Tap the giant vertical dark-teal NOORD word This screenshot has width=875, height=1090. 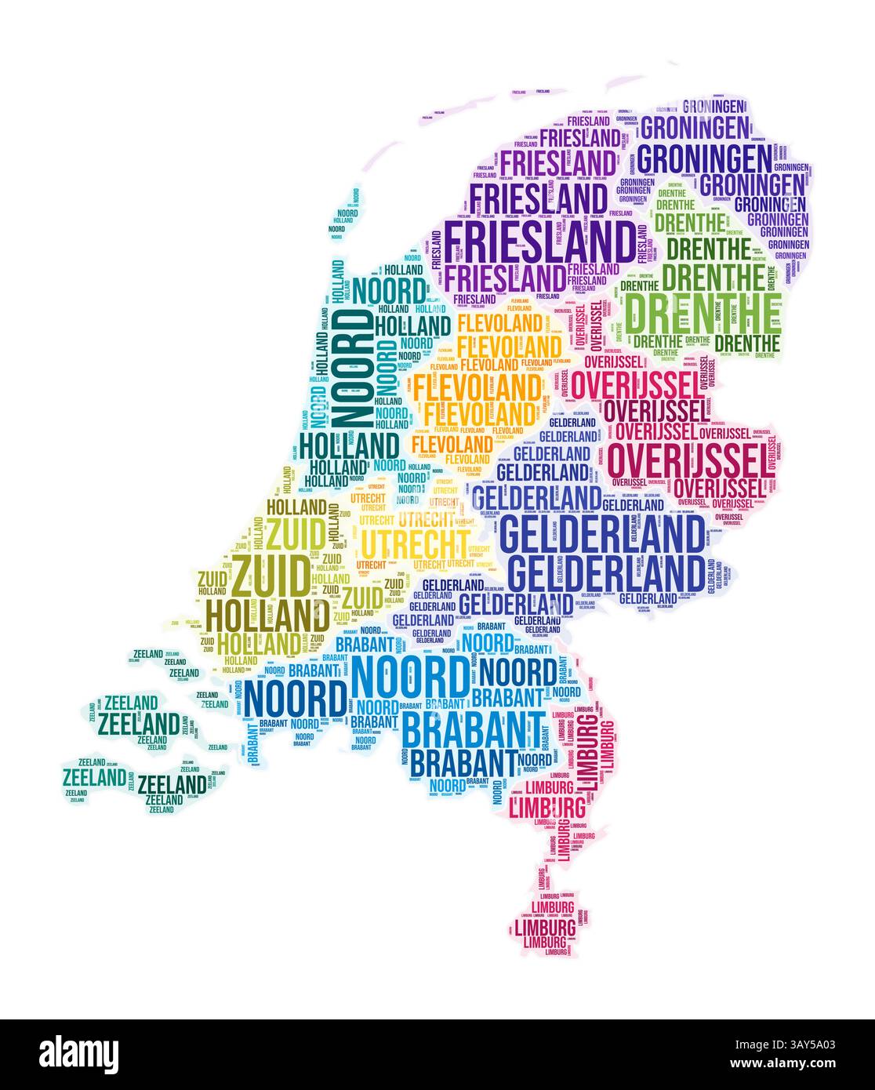click(352, 369)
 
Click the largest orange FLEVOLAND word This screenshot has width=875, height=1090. click(477, 387)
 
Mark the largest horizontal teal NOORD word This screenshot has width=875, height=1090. click(390, 292)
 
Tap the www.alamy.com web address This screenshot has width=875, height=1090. click(786, 1066)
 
